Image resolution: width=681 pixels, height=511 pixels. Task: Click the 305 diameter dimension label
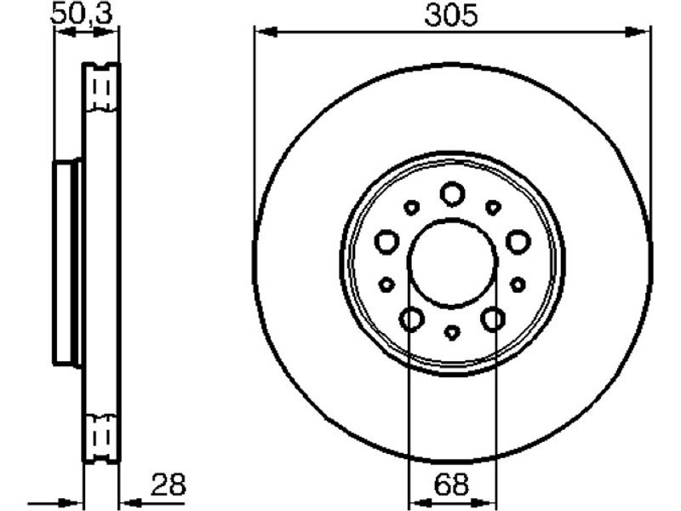click(x=451, y=14)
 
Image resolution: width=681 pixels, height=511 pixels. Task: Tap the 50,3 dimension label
click(x=81, y=14)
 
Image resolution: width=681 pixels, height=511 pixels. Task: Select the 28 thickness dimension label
click(x=168, y=484)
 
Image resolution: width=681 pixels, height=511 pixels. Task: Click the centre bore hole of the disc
click(x=452, y=262)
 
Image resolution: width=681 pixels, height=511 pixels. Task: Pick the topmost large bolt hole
click(x=452, y=194)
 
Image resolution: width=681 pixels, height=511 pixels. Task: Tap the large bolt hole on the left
click(x=386, y=242)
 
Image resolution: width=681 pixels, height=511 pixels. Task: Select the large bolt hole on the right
click(x=518, y=242)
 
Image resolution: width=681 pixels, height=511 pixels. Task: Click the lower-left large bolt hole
click(x=411, y=319)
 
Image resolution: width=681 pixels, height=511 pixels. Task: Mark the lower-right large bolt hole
click(x=493, y=319)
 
